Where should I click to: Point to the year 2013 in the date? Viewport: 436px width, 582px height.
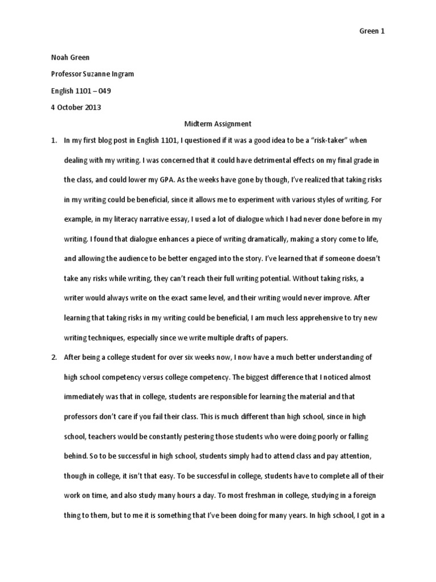tap(92, 107)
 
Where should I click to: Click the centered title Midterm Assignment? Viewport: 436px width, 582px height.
tap(218, 123)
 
